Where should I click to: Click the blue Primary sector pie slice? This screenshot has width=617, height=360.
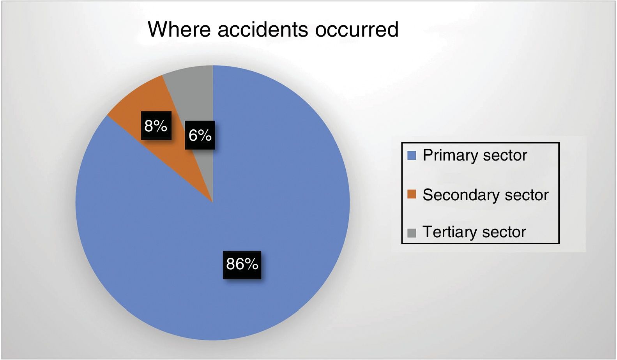248,221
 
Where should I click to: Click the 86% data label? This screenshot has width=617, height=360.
242,265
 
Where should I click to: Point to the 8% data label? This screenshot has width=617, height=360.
156,125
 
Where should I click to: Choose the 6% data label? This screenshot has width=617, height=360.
200,135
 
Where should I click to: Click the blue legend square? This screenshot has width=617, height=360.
412,155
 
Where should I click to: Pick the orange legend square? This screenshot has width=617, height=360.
412,194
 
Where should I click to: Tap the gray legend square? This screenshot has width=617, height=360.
412,233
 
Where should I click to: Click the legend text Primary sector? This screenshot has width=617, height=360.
475,155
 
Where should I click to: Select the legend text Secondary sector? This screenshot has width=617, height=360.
485,195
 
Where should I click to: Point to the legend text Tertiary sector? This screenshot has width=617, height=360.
474,232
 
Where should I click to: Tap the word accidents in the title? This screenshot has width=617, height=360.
263,29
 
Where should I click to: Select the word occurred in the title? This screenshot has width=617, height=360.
357,29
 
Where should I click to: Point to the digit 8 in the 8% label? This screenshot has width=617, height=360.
149,126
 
